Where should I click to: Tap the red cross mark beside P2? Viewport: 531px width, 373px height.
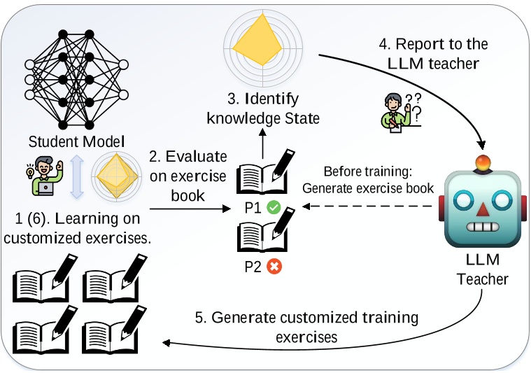(x=274, y=267)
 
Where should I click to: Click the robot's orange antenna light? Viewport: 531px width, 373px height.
(x=481, y=164)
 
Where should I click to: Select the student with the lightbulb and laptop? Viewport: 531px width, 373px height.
(x=40, y=175)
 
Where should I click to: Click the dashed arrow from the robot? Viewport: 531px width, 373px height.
(x=370, y=207)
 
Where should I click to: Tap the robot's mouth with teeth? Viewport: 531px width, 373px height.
(x=481, y=228)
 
